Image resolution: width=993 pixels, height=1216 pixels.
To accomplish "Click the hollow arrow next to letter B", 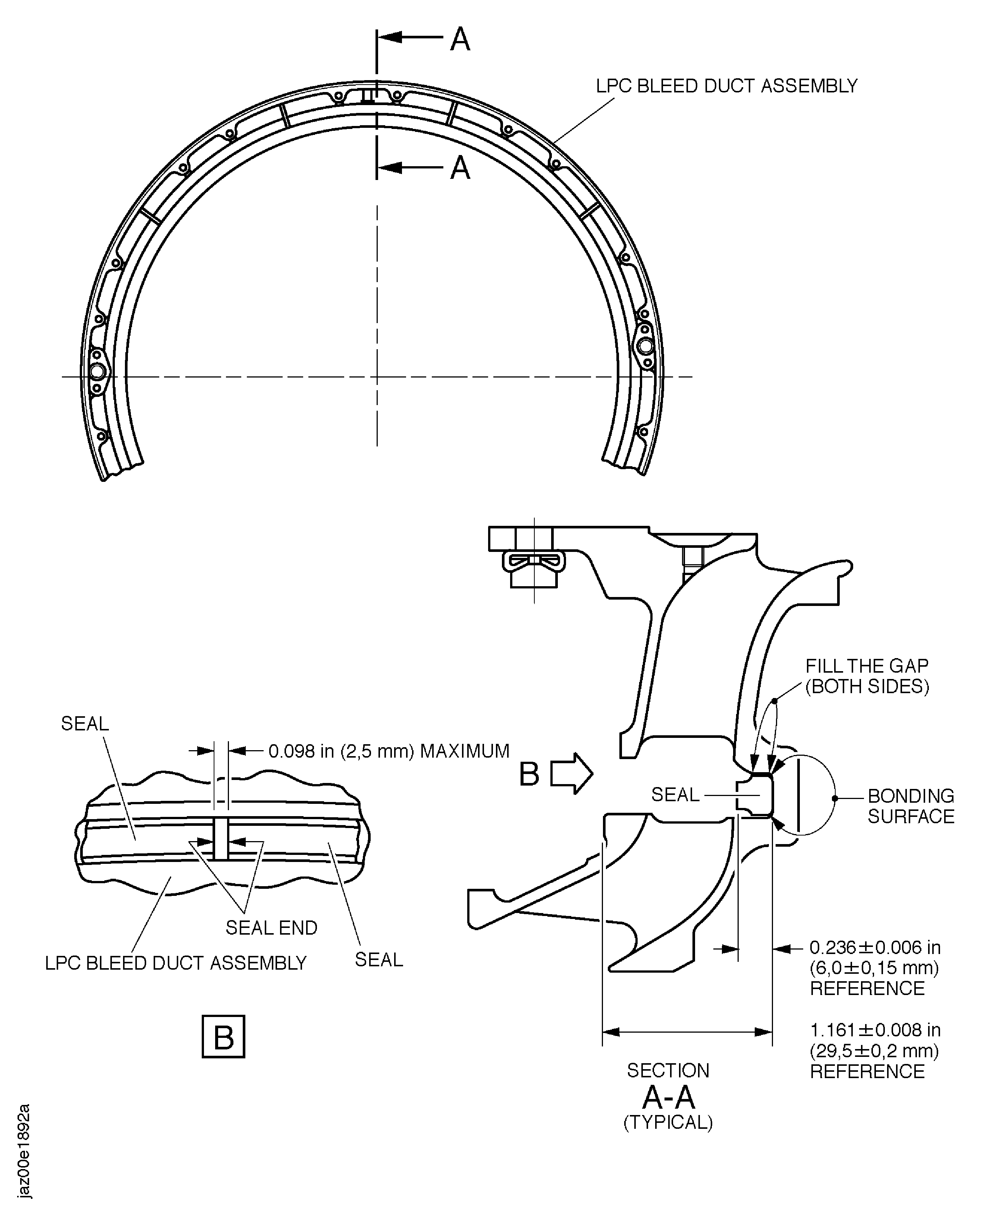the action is tap(571, 774).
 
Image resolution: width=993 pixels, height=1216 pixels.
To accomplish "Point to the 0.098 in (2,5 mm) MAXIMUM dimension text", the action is tap(389, 751).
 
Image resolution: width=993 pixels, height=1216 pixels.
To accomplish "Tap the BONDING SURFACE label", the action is tap(911, 806).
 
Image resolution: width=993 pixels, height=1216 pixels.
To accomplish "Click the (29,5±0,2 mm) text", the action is tap(874, 1051).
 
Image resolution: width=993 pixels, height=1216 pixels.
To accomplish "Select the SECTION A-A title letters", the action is tap(668, 1097).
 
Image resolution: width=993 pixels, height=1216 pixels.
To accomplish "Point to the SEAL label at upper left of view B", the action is tap(85, 724).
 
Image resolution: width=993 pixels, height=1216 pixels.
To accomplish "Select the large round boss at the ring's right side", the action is tap(646, 346).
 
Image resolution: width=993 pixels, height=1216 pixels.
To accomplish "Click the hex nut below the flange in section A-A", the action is tap(534, 578).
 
